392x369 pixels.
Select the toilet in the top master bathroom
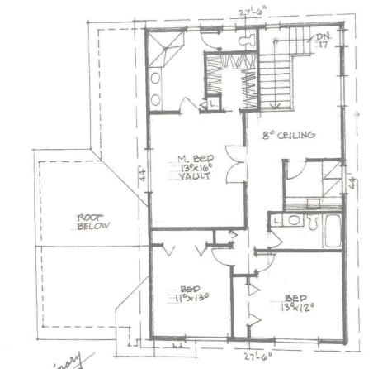coord(245,40)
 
